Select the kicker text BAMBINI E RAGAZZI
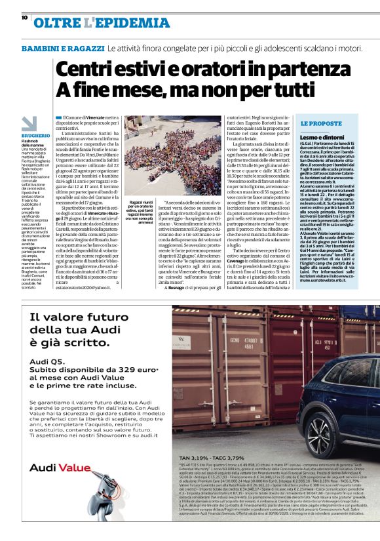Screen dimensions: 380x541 [x=63, y=49]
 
